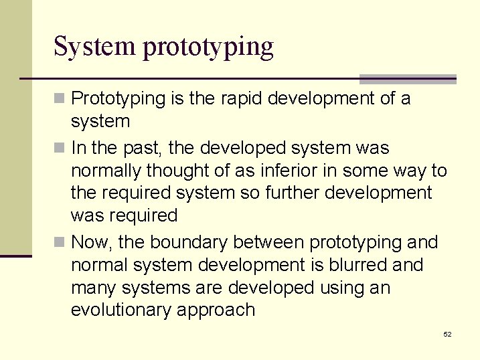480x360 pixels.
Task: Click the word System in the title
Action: click(94, 48)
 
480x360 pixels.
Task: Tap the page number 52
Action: click(447, 334)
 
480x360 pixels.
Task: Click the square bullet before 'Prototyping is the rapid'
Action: click(60, 99)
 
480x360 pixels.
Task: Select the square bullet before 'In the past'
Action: click(60, 148)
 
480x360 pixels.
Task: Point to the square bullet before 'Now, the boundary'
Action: click(60, 242)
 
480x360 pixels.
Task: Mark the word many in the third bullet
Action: click(93, 288)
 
